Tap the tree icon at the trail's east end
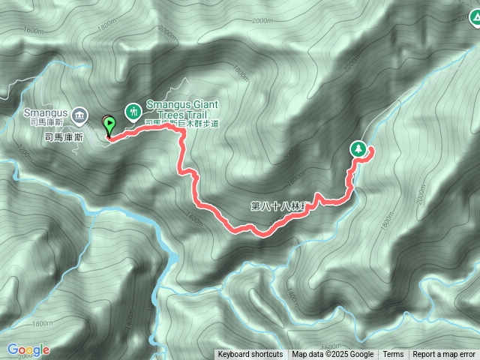coord(359,149)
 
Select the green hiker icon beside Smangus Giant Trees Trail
coord(133,111)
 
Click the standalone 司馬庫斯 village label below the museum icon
coord(64,137)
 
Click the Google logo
coord(28,349)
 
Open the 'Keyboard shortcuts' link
coord(250,355)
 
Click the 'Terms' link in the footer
coord(393,355)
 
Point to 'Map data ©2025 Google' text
coord(333,355)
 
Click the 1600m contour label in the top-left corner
coord(33,29)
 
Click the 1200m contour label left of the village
coord(19,154)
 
